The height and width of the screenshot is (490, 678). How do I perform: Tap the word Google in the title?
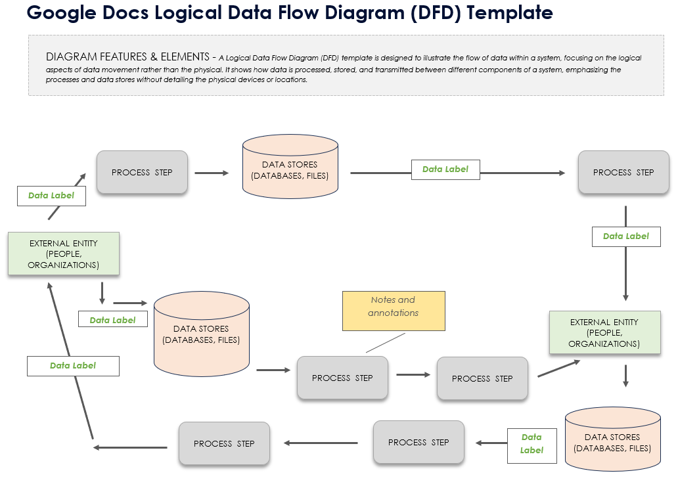pyautogui.click(x=59, y=12)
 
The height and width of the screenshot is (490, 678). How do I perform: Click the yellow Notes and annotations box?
pyautogui.click(x=394, y=311)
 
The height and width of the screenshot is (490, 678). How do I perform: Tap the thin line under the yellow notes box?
pyautogui.click(x=386, y=342)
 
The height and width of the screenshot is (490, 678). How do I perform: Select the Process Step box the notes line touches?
pyautogui.click(x=342, y=378)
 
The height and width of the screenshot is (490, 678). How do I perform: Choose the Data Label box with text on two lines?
pyautogui.click(x=531, y=443)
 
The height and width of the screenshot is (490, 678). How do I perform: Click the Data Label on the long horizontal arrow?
pyautogui.click(x=445, y=169)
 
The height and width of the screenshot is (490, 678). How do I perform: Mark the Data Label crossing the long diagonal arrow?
pyautogui.click(x=73, y=366)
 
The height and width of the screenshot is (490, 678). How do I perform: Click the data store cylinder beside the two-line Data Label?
pyautogui.click(x=612, y=439)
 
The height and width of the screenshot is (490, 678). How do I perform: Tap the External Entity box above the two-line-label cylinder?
pyautogui.click(x=604, y=332)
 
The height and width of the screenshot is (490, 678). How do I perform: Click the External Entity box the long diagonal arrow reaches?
pyautogui.click(x=64, y=254)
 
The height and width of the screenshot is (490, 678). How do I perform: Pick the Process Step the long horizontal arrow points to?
pyautogui.click(x=623, y=172)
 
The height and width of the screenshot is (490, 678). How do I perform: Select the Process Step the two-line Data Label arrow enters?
pyautogui.click(x=418, y=443)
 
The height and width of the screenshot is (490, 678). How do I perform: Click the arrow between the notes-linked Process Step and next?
pyautogui.click(x=413, y=375)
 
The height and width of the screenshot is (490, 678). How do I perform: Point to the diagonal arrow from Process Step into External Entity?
pyautogui.click(x=558, y=368)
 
